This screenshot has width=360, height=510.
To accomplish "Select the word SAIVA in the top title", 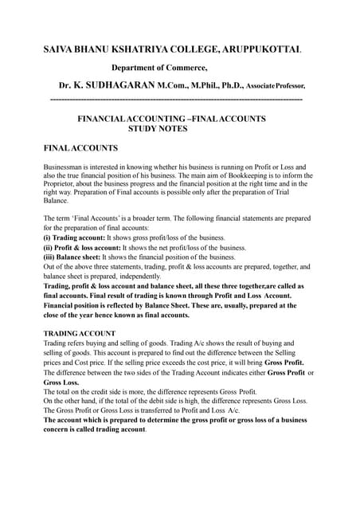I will tap(58, 49).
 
